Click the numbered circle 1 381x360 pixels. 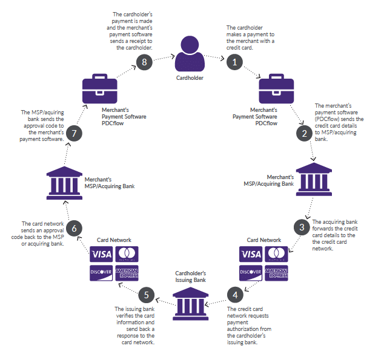tap(234, 61)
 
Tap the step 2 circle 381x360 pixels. tap(303, 133)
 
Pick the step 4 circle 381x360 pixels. tap(234, 295)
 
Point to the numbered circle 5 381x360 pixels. tap(145, 295)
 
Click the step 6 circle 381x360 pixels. tap(73, 227)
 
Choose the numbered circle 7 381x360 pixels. tap(73, 133)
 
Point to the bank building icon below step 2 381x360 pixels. tap(313, 180)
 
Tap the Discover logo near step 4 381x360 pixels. tap(251, 273)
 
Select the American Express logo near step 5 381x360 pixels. tap(128, 273)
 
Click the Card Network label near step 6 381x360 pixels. tap(114, 240)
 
